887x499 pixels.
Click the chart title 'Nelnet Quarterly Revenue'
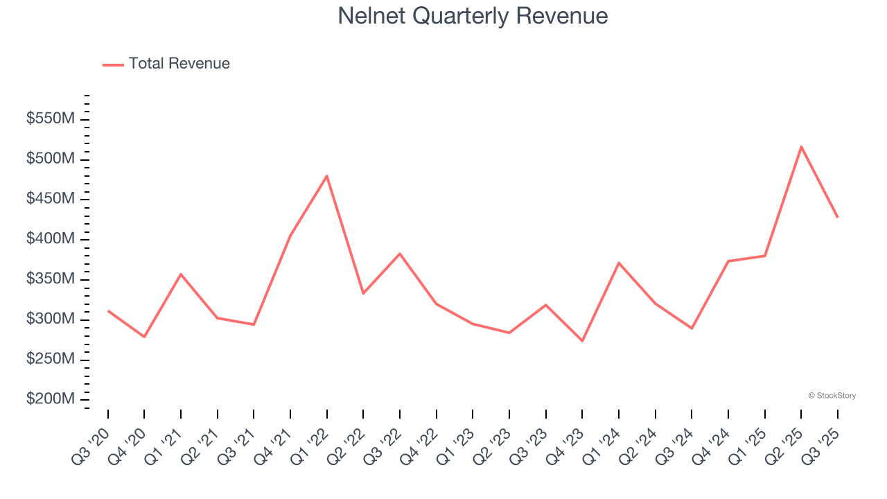coord(473,16)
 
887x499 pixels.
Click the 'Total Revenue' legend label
coord(179,64)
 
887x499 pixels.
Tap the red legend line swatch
coord(113,64)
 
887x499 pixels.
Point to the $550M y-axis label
coord(51,119)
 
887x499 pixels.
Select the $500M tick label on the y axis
coord(51,159)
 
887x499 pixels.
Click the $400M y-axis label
coord(51,239)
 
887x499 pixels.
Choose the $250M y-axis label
coord(51,360)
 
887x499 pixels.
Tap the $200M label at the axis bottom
coord(51,400)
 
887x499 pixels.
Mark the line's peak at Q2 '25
coord(801,146)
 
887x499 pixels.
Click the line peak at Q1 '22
coord(326,175)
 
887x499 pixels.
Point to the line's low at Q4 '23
coord(582,341)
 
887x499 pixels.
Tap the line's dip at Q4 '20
coord(144,337)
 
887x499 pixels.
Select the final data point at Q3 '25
coord(837,218)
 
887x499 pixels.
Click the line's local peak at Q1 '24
coord(618,263)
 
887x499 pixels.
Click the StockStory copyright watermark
coord(832,396)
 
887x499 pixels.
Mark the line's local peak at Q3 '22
coord(400,254)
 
